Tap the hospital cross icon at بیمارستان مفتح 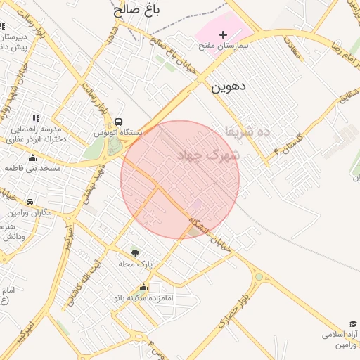(223, 34)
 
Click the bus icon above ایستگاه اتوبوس (118, 122)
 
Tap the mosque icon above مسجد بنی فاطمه (32, 157)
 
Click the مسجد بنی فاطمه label (32, 169)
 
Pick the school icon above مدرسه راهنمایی (36, 118)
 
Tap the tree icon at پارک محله (135, 252)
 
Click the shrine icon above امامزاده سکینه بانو (144, 288)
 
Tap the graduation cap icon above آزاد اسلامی (352, 323)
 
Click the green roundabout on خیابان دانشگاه (259, 276)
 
